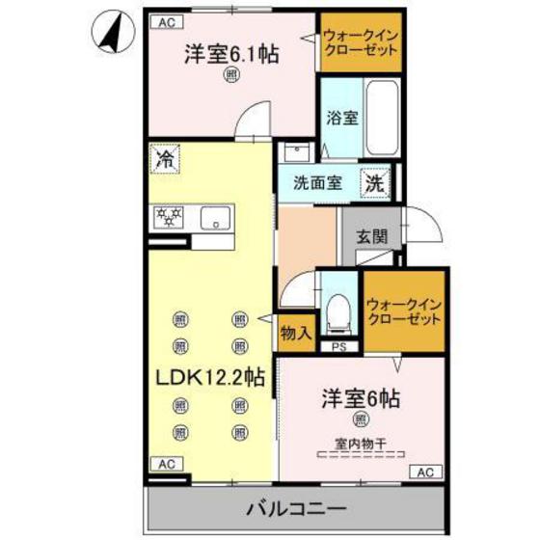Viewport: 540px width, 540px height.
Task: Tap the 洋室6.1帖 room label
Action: point(231,55)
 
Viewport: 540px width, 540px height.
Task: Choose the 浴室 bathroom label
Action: point(342,119)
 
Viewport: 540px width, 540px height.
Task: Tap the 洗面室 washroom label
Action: point(316,182)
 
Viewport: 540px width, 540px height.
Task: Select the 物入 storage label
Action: point(296,334)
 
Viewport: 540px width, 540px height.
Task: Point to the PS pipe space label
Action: point(337,347)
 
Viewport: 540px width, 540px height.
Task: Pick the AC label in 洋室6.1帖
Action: point(166,19)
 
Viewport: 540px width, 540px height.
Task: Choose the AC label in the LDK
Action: point(166,464)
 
